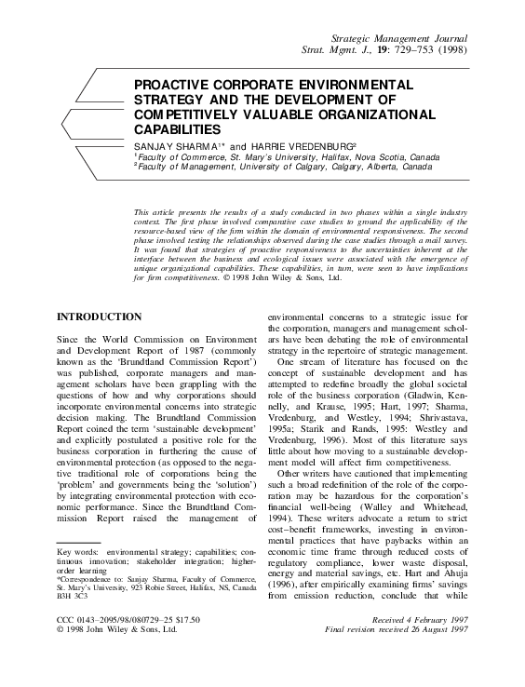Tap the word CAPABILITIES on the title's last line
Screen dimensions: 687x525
click(x=178, y=130)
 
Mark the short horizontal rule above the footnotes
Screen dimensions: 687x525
click(x=78, y=543)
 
